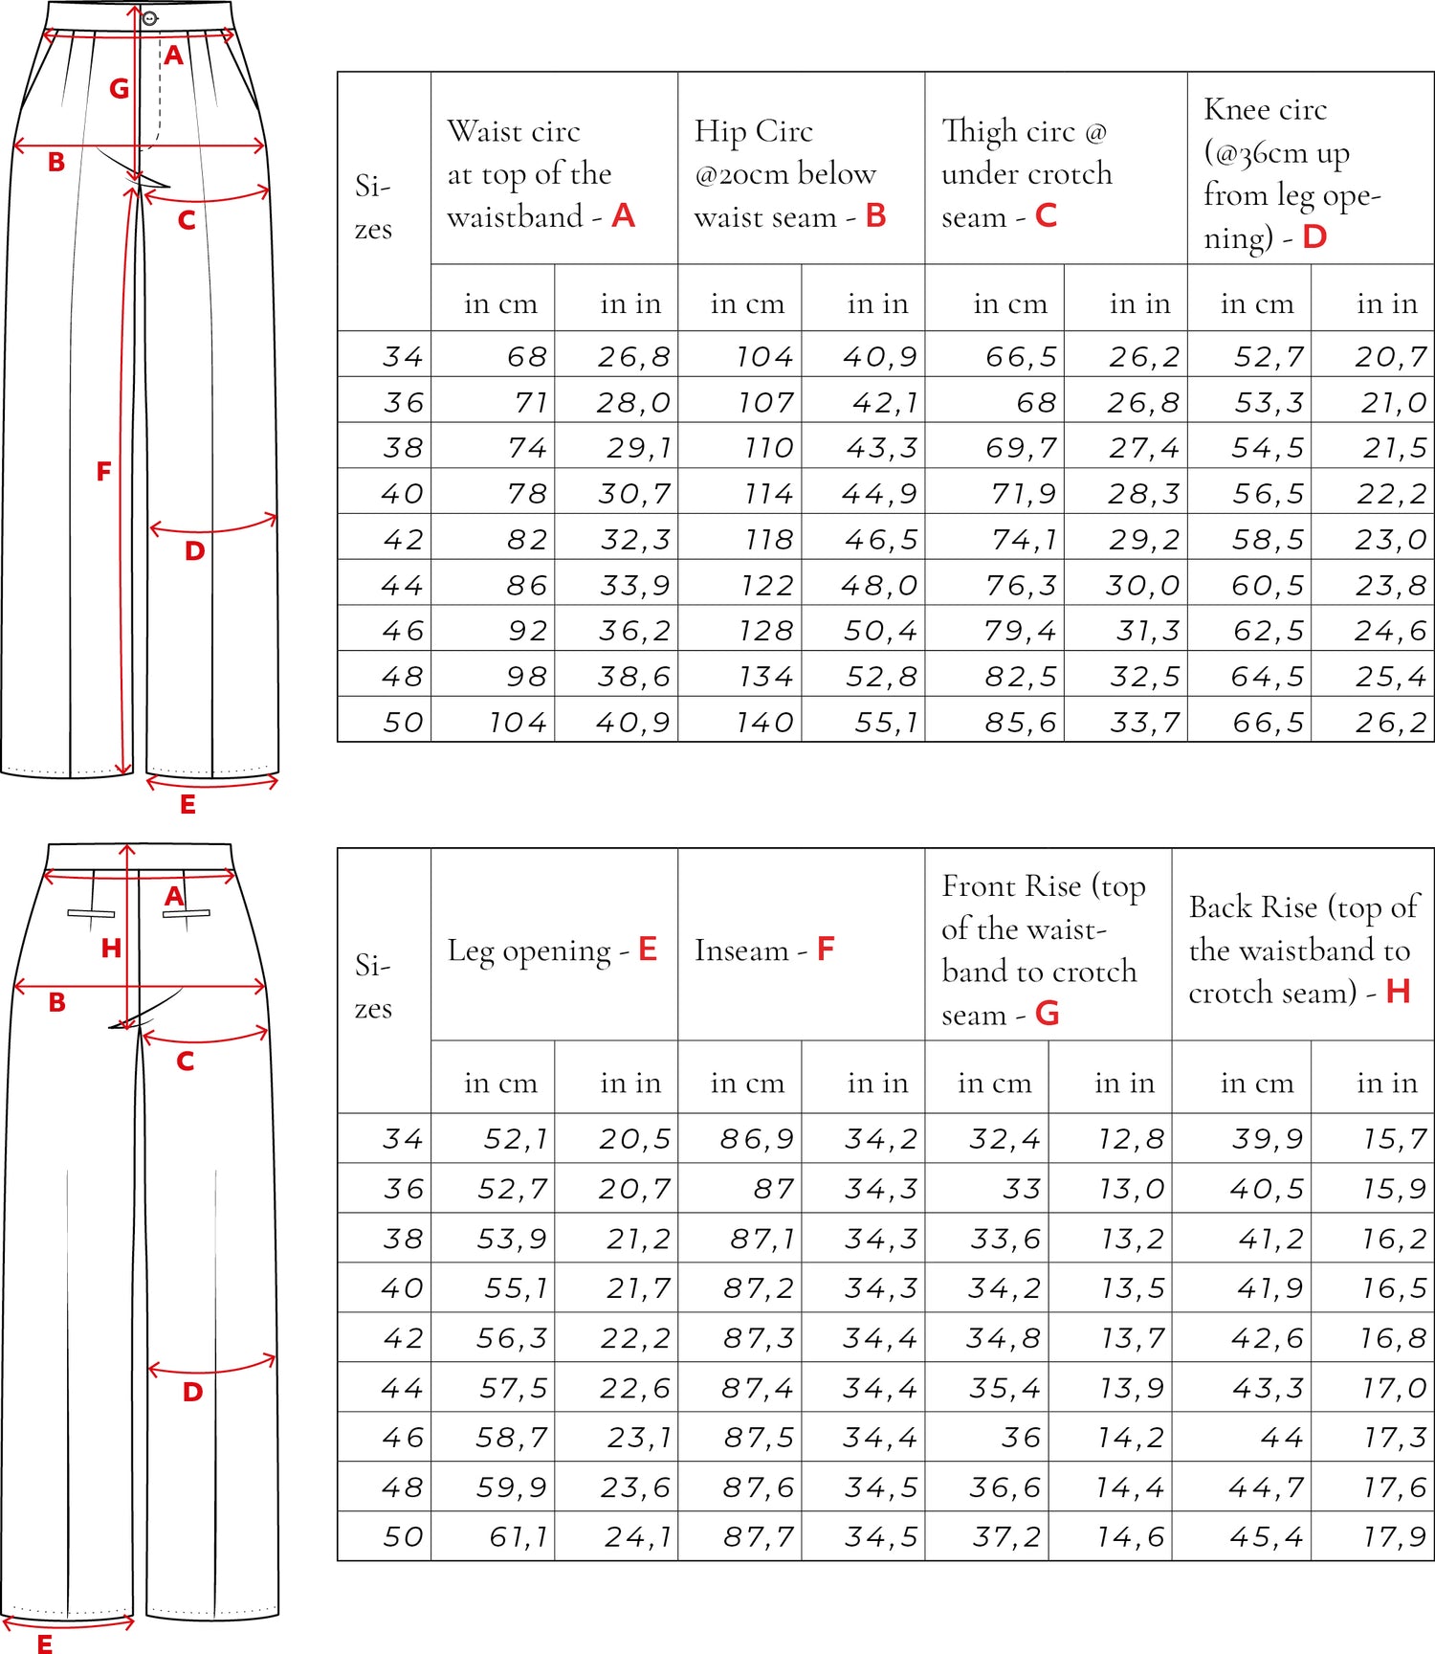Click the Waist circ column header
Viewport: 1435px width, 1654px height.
click(x=541, y=173)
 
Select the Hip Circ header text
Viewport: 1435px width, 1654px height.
click(x=789, y=173)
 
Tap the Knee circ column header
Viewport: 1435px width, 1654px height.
click(x=1291, y=173)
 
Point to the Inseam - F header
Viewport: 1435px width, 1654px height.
click(x=764, y=950)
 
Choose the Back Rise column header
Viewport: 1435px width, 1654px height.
click(x=1300, y=950)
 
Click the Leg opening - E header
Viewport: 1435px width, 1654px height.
click(x=552, y=950)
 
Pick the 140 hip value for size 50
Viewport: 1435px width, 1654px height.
click(x=764, y=722)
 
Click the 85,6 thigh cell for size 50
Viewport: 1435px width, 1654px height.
click(x=1021, y=722)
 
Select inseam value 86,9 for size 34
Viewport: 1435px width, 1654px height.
click(x=758, y=1139)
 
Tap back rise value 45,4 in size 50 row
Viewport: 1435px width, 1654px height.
click(x=1267, y=1537)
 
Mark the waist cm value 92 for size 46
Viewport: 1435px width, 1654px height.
click(x=528, y=631)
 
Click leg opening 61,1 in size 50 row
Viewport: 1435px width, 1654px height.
click(x=519, y=1537)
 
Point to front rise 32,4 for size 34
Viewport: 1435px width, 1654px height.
click(x=1004, y=1139)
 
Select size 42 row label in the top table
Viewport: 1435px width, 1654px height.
click(x=403, y=540)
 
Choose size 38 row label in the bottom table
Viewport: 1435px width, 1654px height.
click(x=403, y=1239)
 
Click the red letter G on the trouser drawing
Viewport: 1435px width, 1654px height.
click(x=119, y=89)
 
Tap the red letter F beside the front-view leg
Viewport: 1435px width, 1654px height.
click(x=103, y=471)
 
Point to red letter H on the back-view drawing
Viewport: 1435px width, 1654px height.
click(x=111, y=949)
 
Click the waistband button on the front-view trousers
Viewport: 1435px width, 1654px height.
click(x=149, y=18)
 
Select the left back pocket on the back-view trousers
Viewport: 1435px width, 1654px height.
click(x=91, y=913)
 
